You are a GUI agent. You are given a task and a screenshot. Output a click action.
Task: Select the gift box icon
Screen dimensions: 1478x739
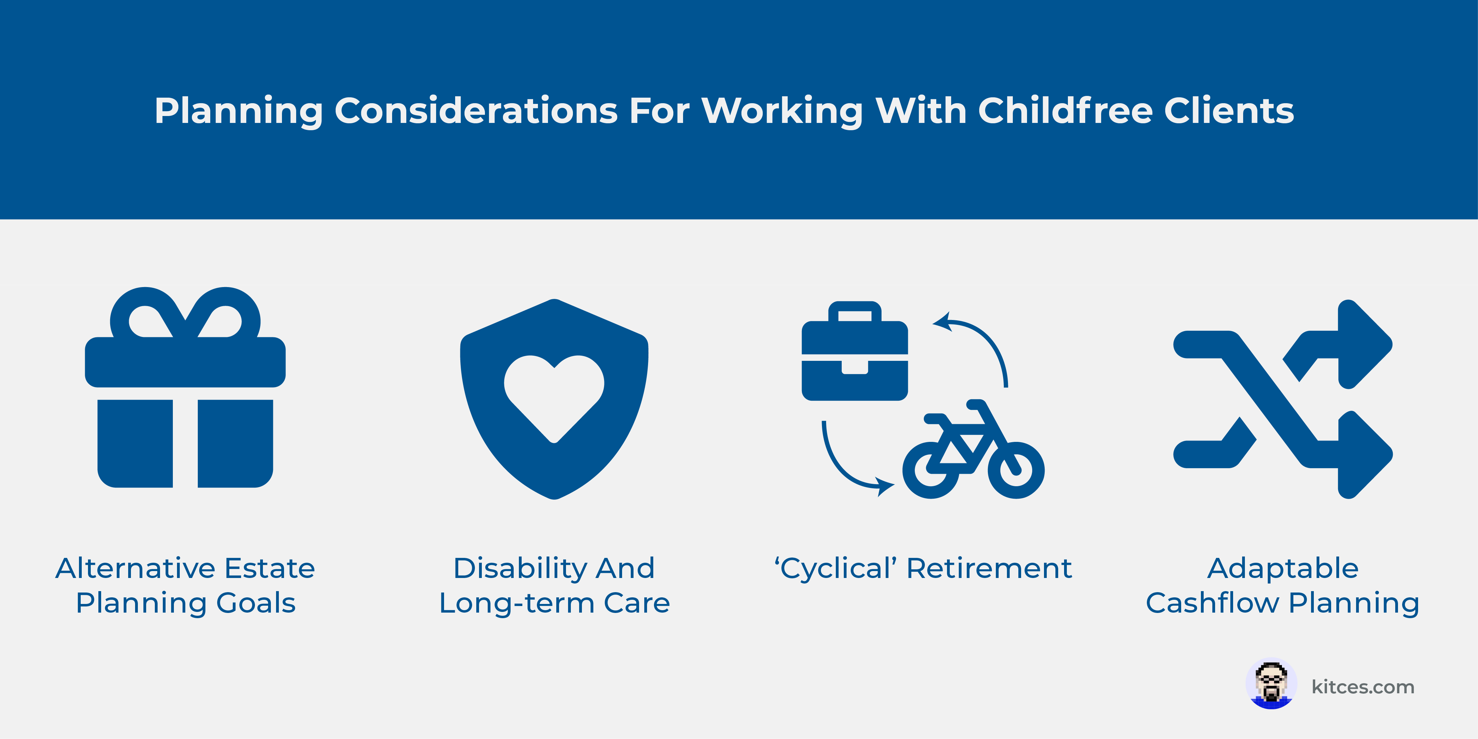coord(185,387)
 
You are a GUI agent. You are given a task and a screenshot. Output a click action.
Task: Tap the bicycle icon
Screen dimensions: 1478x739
coord(974,449)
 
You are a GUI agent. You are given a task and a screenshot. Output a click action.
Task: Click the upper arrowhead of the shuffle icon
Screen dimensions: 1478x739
coord(1364,344)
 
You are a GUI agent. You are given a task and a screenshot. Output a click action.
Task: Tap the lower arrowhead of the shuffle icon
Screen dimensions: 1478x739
coord(1364,454)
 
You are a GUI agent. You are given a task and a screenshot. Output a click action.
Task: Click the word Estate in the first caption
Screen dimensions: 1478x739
coord(270,568)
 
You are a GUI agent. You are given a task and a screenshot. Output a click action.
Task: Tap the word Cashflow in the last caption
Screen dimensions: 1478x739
coord(1212,603)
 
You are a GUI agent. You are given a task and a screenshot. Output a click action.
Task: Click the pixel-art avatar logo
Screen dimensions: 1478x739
coord(1271,684)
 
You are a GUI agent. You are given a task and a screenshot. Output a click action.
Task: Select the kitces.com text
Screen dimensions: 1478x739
coord(1363,686)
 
